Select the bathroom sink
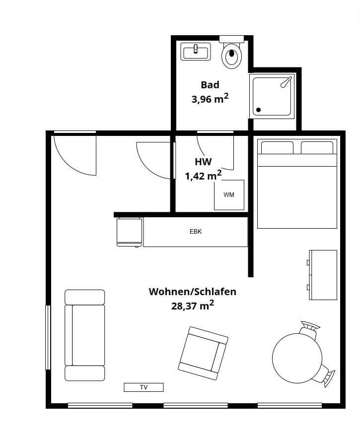coord(196,51)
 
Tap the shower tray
coord(273,95)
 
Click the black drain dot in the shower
coord(258,110)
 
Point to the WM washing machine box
coord(229,195)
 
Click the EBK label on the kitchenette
coord(196,232)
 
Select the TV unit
coord(144,387)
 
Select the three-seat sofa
coord(85,335)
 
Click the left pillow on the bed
coord(277,148)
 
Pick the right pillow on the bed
coord(317,148)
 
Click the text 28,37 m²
coord(193,306)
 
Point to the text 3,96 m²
coord(210,98)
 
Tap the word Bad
coord(210,85)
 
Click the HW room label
coord(203,162)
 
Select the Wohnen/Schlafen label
coord(193,292)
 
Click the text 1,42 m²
coord(203,176)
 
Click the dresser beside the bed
coord(323,275)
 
